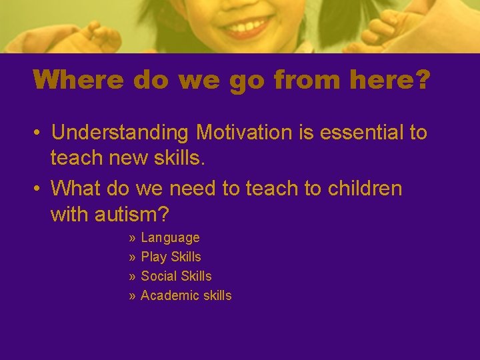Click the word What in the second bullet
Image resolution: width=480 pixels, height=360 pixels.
[x=73, y=189]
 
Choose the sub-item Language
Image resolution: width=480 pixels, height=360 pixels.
[x=170, y=238]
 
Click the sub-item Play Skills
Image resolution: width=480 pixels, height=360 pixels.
[x=171, y=257]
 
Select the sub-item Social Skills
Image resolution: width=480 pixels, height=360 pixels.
[x=176, y=276]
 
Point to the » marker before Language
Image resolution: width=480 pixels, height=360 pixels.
[x=133, y=238]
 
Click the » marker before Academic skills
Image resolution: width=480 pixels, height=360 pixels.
[x=133, y=295]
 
